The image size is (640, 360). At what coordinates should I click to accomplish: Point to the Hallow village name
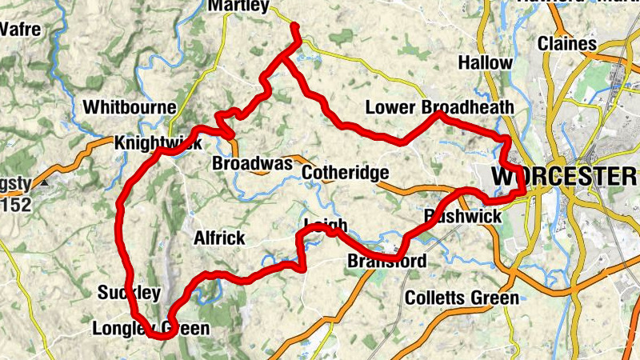coord(486,62)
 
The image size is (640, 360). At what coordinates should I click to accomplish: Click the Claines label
coord(567,43)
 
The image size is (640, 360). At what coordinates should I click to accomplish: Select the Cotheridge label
coord(346,172)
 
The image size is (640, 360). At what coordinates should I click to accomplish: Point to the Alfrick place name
coord(219,238)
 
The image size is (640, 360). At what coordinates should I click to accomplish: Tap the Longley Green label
coord(151,328)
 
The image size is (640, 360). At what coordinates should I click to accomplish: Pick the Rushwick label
coord(463,216)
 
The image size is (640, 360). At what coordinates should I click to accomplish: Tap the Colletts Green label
coord(462,298)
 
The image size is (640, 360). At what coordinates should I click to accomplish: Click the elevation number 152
coord(15,206)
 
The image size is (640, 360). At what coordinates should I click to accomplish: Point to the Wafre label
coord(21,30)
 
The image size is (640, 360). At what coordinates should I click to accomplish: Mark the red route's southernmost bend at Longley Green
coord(163,336)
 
